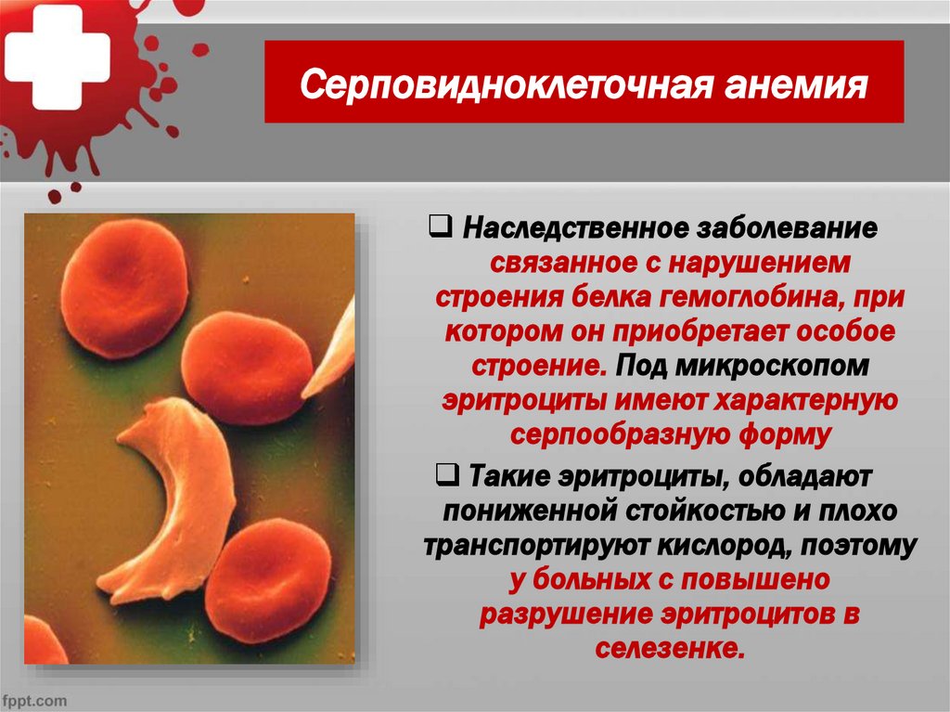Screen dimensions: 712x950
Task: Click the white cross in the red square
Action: tap(58, 58)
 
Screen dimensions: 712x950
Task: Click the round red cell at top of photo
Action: tap(123, 288)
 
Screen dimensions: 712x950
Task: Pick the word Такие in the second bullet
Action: tap(506, 477)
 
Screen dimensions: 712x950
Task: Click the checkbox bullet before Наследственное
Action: tap(442, 227)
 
